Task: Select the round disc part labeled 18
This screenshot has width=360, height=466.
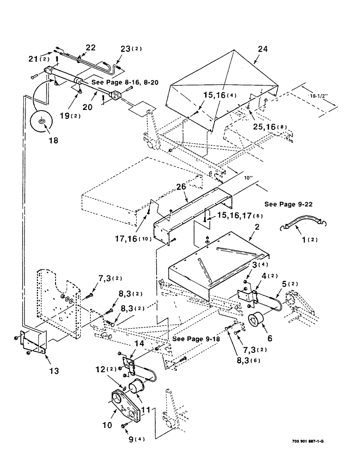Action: tap(42, 122)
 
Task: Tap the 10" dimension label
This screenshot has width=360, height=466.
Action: tap(247, 177)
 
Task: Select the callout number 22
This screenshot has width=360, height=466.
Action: tap(90, 48)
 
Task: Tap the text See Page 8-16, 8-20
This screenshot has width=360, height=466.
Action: tap(125, 82)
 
